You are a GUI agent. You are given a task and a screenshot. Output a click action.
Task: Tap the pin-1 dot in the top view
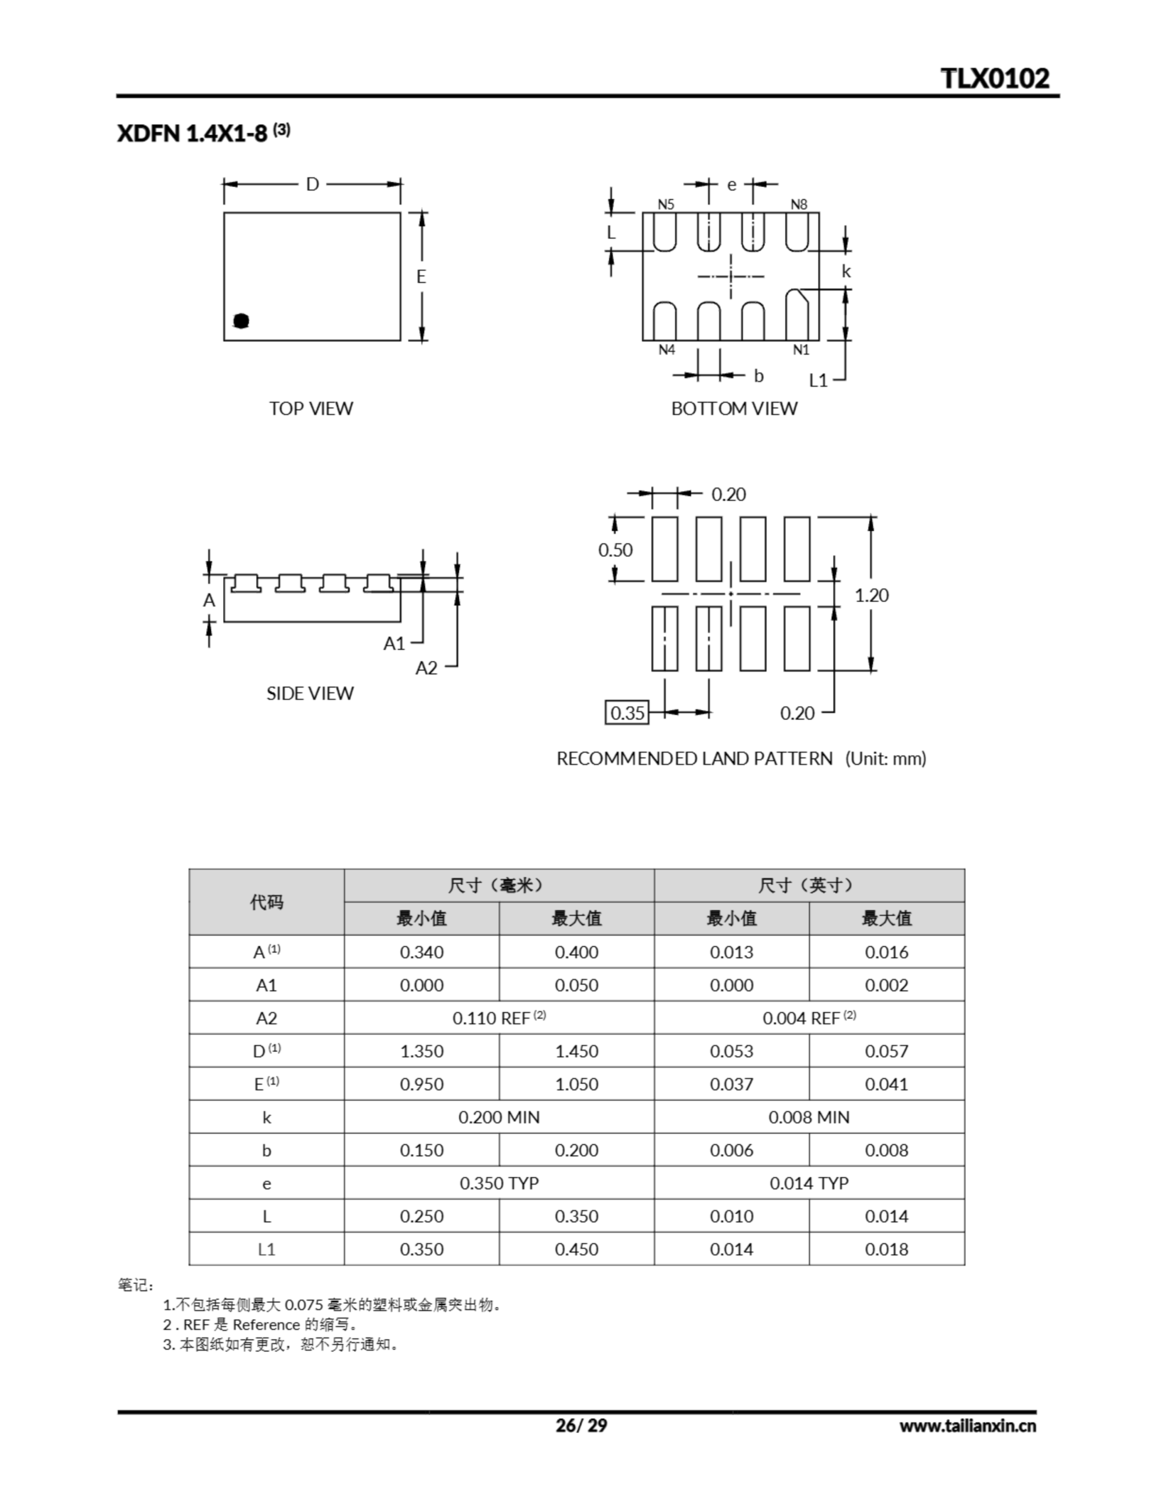click(x=241, y=321)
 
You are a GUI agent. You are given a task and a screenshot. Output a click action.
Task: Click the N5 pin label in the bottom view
click(x=666, y=204)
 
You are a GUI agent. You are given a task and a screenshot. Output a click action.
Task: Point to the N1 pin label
click(x=801, y=350)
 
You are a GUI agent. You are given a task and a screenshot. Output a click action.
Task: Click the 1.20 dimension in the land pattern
click(x=872, y=595)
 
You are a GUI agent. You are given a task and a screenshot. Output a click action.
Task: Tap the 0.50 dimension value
click(x=615, y=550)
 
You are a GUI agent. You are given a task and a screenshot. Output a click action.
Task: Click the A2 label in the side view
click(x=426, y=668)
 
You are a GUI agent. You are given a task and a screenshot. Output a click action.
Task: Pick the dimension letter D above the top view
click(x=312, y=184)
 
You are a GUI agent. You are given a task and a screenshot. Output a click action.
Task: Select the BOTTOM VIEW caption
click(x=734, y=409)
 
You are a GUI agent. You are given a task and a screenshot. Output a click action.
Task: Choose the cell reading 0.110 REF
click(x=499, y=1018)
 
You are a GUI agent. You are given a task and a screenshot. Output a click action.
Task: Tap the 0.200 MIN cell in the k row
click(x=499, y=1117)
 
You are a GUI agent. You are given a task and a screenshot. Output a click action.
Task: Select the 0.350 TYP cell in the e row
click(x=499, y=1183)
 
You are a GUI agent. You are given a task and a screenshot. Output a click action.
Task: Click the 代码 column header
click(x=266, y=902)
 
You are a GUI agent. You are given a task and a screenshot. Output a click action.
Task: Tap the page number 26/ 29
click(x=581, y=1425)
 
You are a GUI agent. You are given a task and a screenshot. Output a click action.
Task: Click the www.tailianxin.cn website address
click(x=967, y=1426)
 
